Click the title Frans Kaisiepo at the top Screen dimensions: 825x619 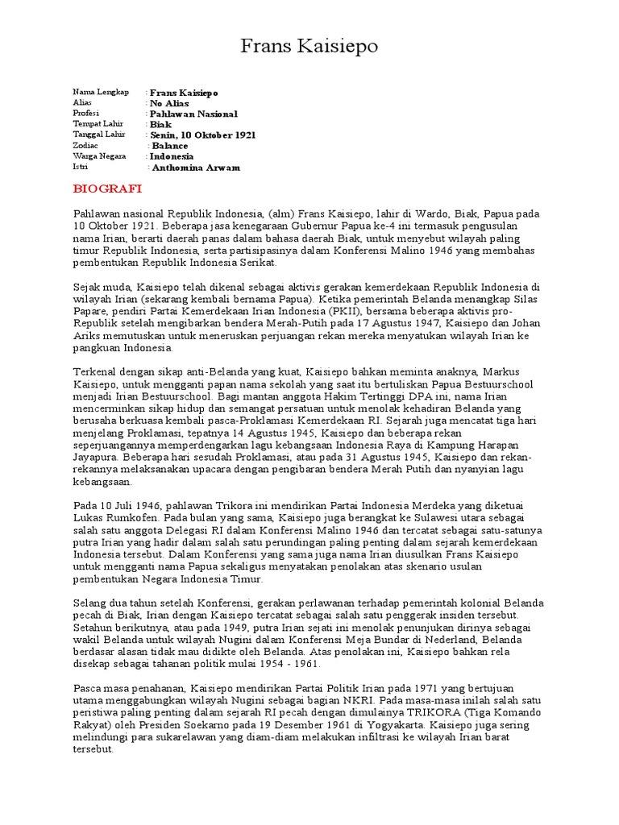(x=309, y=48)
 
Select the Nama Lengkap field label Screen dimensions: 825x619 (x=101, y=93)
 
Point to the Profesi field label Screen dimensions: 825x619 (x=85, y=114)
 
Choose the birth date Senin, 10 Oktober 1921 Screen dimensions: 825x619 (x=203, y=135)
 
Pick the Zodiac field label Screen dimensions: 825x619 (x=85, y=146)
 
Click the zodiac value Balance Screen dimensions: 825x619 (x=170, y=147)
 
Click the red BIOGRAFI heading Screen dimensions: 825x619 (x=107, y=189)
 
